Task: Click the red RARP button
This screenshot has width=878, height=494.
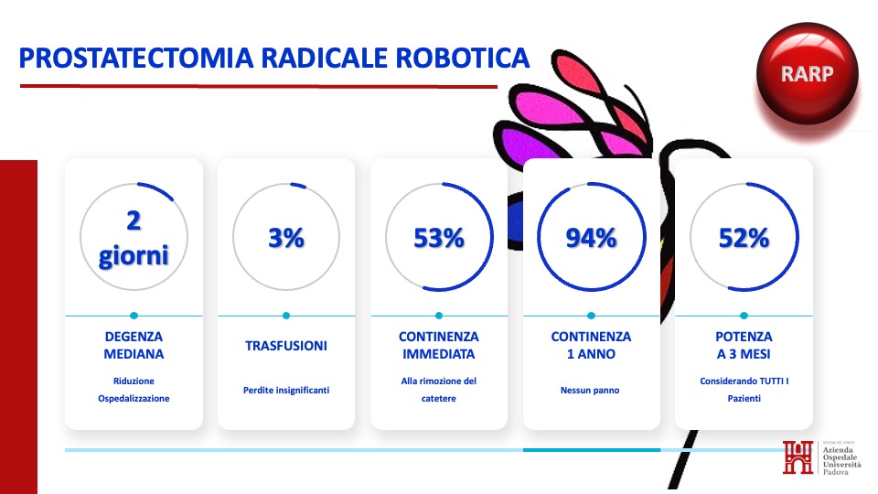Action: point(807,73)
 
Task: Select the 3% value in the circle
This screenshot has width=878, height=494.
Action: point(286,238)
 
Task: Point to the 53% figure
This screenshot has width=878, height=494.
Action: point(439,238)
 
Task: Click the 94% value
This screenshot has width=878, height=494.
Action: point(592,238)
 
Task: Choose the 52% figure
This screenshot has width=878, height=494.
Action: point(744,238)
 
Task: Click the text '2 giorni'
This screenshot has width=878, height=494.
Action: point(134,238)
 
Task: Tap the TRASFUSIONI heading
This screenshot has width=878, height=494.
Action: point(286,346)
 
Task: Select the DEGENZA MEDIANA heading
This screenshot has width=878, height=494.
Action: point(134,345)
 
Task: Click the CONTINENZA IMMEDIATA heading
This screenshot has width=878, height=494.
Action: point(439,345)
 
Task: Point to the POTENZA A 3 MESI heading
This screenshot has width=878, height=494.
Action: point(744,345)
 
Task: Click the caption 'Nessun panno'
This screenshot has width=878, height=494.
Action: point(590,391)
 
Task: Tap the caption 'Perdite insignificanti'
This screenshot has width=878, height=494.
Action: point(286,391)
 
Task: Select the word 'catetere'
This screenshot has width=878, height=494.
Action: point(439,399)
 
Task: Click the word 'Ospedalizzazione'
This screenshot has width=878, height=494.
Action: point(134,399)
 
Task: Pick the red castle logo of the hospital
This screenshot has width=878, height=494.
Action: point(798,457)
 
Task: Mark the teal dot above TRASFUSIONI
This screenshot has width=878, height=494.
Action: point(286,316)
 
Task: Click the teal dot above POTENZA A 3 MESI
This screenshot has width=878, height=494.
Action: point(744,316)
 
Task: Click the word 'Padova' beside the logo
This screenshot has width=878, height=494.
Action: point(835,472)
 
